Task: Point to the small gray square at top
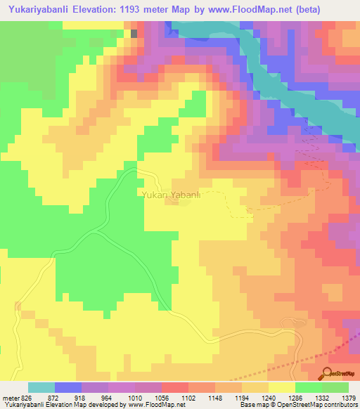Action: point(134,33)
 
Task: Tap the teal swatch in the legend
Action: point(41,387)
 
